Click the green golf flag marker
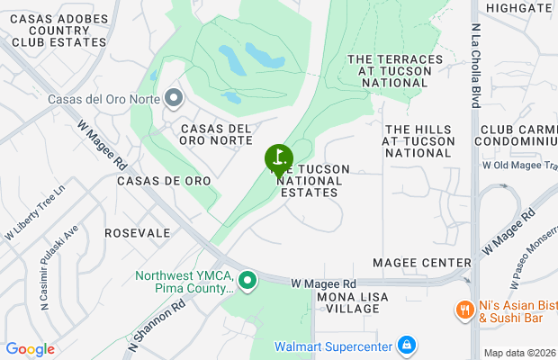tap(278, 159)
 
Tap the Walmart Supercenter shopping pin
tap(407, 346)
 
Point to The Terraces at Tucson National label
tap(394, 70)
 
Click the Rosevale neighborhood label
tap(137, 232)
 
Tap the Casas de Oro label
tap(164, 181)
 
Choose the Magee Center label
tap(428, 262)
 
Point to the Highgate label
tap(517, 7)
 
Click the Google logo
tap(30, 349)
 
